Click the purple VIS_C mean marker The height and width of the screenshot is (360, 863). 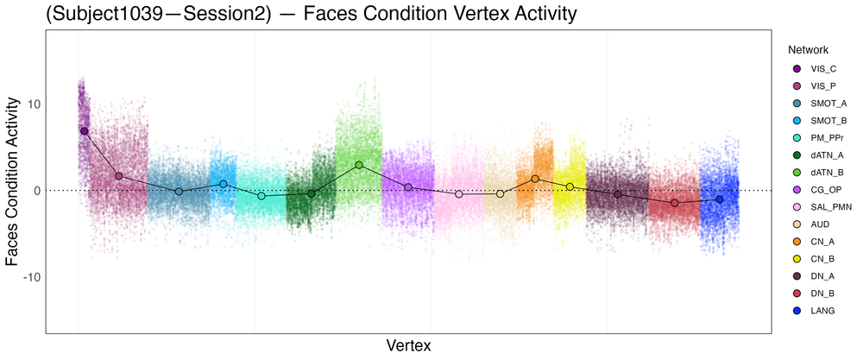pos(84,130)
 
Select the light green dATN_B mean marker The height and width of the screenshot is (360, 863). pos(359,165)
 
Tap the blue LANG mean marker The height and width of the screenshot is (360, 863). pos(720,199)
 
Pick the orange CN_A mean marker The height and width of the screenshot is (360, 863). pos(535,179)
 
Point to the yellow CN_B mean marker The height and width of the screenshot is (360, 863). pos(570,186)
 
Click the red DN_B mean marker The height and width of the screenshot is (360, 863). pos(675,203)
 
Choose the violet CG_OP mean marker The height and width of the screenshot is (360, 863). pos(408,187)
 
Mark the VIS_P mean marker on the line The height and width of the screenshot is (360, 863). pos(119,176)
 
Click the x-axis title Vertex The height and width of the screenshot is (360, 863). pos(408,345)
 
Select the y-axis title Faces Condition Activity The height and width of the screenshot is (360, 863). pos(13,181)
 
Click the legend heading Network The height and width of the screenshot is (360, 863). pos(802,50)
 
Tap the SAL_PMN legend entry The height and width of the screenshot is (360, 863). pos(831,207)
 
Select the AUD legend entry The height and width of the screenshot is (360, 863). pos(822,224)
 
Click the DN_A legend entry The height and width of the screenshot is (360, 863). pos(823,276)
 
